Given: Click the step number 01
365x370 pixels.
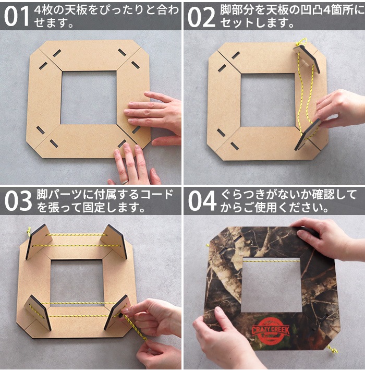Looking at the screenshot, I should (16, 16).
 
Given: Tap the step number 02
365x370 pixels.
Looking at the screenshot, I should (201, 16).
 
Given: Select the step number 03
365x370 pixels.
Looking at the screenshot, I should (18, 201).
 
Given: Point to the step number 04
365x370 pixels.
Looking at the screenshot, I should (202, 201).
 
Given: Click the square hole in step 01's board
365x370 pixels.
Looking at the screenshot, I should (89, 97).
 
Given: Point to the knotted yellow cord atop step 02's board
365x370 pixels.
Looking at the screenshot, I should (301, 42).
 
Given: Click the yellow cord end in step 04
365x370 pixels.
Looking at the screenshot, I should (332, 349).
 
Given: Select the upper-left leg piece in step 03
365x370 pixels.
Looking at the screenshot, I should (38, 242).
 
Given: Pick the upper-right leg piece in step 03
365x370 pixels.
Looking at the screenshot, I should (115, 241).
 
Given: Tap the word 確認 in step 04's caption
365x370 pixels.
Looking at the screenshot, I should (326, 194).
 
